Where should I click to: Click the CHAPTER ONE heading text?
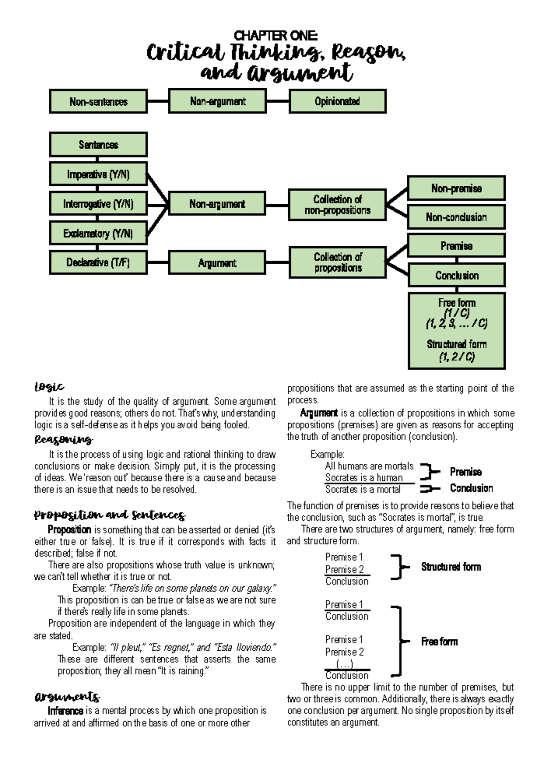coord(276,35)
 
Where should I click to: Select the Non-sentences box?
coord(98,102)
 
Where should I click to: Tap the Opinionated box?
coord(337,101)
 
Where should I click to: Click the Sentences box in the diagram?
coord(98,145)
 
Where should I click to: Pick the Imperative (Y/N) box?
coord(98,174)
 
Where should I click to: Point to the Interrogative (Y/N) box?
coord(98,204)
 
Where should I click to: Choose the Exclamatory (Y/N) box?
coord(98,233)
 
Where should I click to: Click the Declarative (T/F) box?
coord(98,262)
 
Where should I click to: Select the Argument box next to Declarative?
coord(217,263)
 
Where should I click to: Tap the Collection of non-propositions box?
coord(337,205)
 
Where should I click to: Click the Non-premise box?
coord(456,189)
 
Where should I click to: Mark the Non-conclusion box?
coord(456,217)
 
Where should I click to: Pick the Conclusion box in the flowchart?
coord(456,275)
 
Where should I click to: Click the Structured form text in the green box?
coord(456,344)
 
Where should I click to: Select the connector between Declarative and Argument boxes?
coord(158,263)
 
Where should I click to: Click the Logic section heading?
coord(49,387)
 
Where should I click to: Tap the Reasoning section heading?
coord(63,440)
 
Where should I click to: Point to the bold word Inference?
coord(65,711)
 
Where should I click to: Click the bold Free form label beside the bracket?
coord(439,642)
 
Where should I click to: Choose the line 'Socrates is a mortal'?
coord(363,489)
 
